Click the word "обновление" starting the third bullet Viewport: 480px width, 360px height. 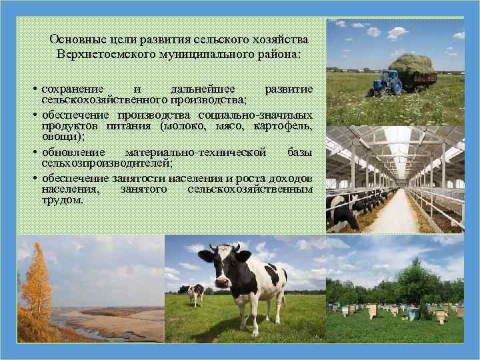tap(73, 152)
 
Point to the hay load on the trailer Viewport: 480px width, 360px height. tap(411, 65)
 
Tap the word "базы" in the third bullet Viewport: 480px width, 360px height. tap(299, 152)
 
